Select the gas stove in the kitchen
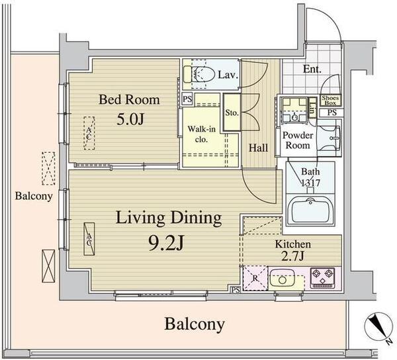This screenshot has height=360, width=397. click(x=322, y=278)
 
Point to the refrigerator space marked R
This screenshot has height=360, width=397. click(x=255, y=278)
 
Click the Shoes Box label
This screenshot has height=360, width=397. click(x=330, y=100)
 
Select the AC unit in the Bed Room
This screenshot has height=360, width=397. click(x=89, y=133)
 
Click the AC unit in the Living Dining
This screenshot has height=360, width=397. click(x=89, y=239)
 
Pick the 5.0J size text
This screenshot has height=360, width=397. click(x=130, y=119)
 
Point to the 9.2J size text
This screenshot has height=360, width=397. click(x=165, y=244)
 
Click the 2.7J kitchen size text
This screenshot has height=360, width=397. click(x=292, y=256)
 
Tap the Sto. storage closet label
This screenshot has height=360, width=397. click(x=232, y=112)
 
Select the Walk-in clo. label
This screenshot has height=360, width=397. click(x=202, y=134)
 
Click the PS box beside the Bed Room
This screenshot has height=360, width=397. click(x=187, y=99)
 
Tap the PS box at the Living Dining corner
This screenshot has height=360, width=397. click(x=235, y=290)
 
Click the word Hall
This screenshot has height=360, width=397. click(x=258, y=148)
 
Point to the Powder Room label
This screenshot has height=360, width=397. click(x=298, y=140)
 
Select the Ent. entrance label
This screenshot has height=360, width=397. click(x=312, y=69)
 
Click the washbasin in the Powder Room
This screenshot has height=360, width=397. click(x=329, y=138)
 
